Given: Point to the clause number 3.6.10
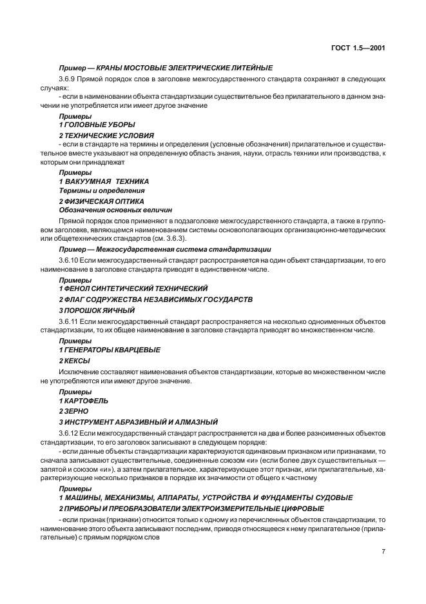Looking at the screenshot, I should pyautogui.click(x=70, y=259).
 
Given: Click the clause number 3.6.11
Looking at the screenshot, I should pyautogui.click(x=70, y=321).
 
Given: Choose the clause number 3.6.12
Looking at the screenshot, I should pyautogui.click(x=70, y=431).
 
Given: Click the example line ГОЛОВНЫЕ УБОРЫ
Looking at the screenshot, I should pyautogui.click(x=101, y=124).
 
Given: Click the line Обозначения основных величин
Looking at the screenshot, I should pyautogui.click(x=115, y=210).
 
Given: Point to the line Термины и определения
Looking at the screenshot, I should pyautogui.click(x=102, y=190).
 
